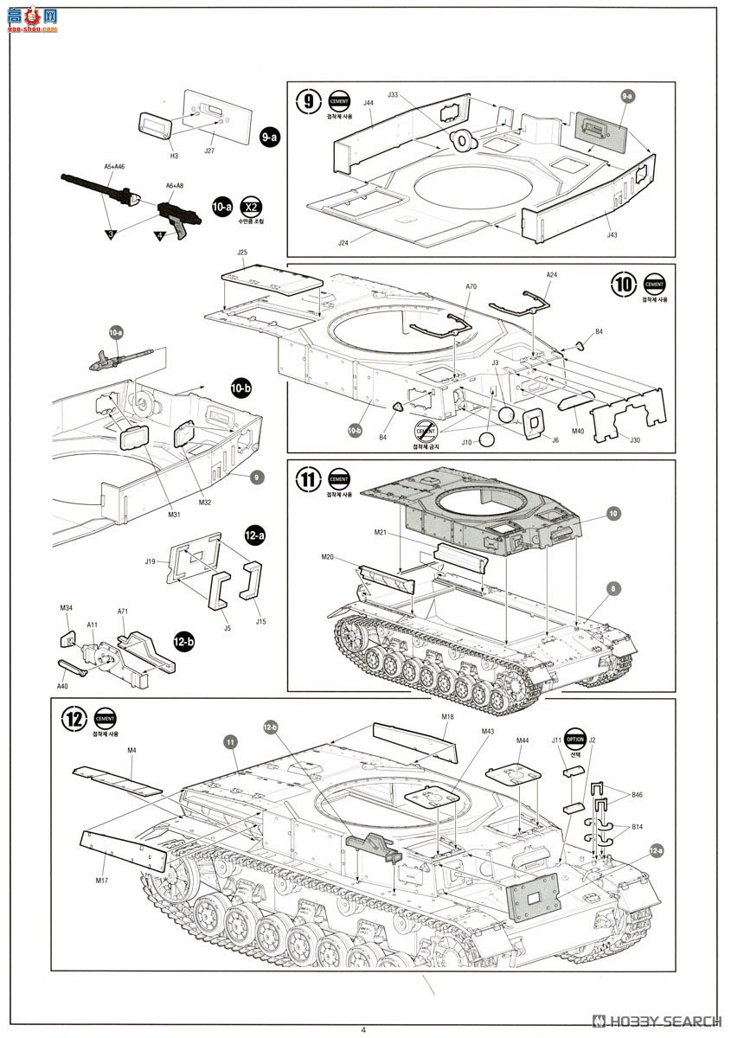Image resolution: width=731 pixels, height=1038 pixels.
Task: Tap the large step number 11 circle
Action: point(308,479)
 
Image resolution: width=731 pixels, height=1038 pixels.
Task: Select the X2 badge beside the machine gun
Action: point(251,208)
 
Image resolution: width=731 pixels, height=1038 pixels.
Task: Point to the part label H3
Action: point(174,156)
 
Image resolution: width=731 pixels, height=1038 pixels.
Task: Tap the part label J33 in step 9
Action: point(393,94)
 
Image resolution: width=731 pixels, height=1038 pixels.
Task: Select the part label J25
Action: point(242,253)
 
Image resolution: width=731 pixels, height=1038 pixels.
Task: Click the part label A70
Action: point(471,286)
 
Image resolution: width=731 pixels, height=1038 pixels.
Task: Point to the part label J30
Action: point(634,440)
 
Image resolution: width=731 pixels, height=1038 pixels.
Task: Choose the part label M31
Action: point(174,516)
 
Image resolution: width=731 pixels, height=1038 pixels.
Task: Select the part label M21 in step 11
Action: point(380,531)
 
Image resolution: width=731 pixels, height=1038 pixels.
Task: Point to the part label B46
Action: point(637,793)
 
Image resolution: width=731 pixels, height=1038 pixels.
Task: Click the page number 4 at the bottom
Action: point(363,1028)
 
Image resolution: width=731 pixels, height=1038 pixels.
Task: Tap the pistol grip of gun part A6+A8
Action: point(180,227)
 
